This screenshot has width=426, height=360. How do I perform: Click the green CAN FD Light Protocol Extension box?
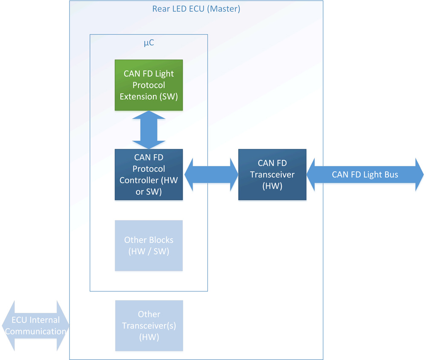[x=149, y=85]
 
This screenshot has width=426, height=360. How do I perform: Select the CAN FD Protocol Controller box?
[x=149, y=174]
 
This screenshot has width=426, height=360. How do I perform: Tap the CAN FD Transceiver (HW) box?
[x=272, y=174]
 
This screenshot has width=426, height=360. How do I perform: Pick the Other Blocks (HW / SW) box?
[x=149, y=246]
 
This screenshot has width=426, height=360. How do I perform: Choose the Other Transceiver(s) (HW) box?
[x=149, y=326]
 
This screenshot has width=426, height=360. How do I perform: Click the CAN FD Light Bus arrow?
[x=365, y=174]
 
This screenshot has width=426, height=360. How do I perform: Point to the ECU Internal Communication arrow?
[x=35, y=326]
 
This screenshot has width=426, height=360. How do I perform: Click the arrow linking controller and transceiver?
[x=210, y=174]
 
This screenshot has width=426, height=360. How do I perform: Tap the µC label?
[x=149, y=43]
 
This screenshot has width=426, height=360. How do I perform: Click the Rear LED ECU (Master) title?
[x=196, y=9]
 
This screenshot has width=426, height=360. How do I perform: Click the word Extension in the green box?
[x=137, y=97]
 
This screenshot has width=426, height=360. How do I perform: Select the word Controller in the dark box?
[x=138, y=180]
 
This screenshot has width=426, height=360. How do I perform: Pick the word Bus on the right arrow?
[x=391, y=174]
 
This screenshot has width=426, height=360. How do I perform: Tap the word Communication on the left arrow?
[x=36, y=331]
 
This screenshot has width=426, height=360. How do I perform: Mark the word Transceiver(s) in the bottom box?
[x=149, y=326]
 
